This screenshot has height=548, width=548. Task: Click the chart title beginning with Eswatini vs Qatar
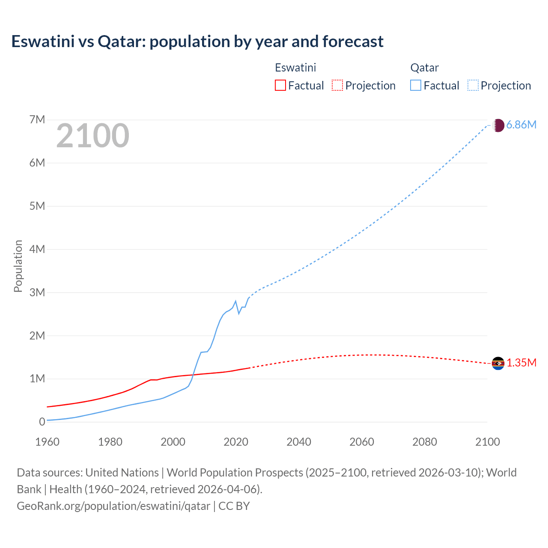point(197,42)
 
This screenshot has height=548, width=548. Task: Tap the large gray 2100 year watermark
point(92,136)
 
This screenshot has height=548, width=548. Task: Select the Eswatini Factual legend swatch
point(280,85)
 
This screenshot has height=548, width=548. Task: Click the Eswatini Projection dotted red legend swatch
point(337,85)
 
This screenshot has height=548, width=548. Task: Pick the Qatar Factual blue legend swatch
point(416,85)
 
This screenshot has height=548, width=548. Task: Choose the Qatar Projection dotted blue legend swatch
point(473,85)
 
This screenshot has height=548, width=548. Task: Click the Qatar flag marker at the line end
point(498,125)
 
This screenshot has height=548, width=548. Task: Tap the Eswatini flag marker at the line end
point(498,363)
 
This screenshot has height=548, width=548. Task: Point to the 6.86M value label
point(521,125)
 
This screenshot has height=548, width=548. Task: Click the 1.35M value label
point(521,363)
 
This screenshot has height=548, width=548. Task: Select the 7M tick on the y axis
point(37,119)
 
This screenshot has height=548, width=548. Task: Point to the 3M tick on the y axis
point(37,292)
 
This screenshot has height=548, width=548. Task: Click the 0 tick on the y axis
point(42,422)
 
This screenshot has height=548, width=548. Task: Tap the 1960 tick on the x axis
point(47,442)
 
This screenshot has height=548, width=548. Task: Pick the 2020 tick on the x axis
point(236,442)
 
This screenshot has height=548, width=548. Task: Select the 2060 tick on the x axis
point(362,442)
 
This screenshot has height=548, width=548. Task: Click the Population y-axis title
point(18,266)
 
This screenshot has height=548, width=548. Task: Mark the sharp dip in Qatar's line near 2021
point(239,313)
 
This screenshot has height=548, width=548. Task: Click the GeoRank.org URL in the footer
point(113,506)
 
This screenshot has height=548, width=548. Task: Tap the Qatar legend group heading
point(424,68)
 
